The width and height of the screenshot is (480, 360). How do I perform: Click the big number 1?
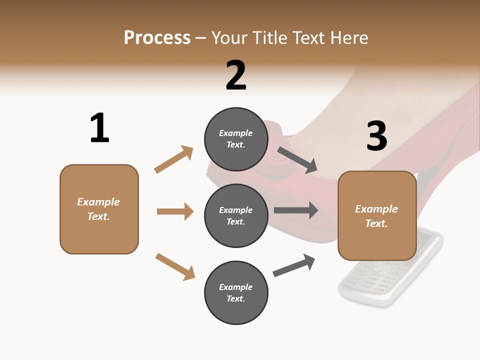[x=99, y=128]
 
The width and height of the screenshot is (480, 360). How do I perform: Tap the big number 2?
[x=236, y=75]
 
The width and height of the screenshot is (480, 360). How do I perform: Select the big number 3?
[x=377, y=136]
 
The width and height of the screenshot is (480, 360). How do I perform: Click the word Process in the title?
[x=157, y=37]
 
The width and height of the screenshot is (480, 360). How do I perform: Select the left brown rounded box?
[x=99, y=209]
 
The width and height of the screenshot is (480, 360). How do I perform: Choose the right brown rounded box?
[x=377, y=216]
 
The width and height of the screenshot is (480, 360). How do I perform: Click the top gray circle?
[x=236, y=139]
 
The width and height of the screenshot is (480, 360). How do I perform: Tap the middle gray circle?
[x=236, y=215]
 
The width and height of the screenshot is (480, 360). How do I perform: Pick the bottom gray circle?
[x=236, y=292]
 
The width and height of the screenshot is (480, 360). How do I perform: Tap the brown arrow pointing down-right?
[x=175, y=266]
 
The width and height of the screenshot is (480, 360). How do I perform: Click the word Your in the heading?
[x=229, y=37]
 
